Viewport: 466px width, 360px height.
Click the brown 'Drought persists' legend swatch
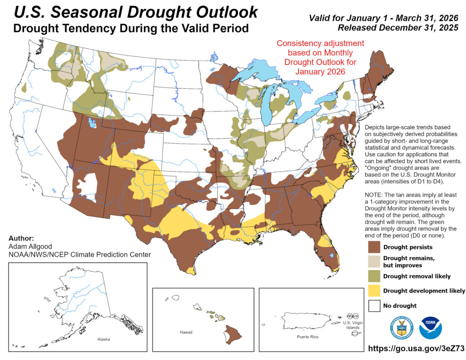375,247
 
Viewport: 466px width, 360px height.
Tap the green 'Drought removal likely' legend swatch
375,276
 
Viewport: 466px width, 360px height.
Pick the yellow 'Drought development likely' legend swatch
375,291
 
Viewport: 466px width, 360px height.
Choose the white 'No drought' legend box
375,305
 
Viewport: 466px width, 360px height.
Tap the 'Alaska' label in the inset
103,340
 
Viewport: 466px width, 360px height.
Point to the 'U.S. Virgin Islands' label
350,325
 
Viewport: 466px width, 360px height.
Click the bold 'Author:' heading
21,238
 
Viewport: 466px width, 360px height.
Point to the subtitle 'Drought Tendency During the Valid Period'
131,28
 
